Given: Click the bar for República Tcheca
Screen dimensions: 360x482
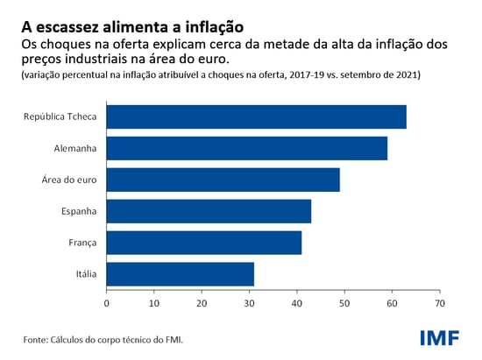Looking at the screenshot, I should tap(256, 116).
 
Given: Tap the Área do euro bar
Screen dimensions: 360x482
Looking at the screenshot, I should tap(223, 180).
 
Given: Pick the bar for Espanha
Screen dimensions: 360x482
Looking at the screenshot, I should tap(209, 211).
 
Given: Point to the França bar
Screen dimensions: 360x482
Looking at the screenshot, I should tap(203, 243).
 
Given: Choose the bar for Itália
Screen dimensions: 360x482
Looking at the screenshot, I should tap(180, 274).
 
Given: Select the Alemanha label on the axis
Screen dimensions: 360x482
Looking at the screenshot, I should tap(74, 148).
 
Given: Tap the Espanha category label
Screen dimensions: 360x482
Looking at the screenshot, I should tap(76, 211).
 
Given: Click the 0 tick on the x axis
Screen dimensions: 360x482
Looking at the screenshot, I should tap(107, 302).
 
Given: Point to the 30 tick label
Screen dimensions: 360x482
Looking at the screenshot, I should tap(249, 302).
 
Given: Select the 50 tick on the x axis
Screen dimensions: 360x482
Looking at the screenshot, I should tap(344, 302).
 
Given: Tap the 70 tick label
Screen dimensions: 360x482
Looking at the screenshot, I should tap(439, 302).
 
